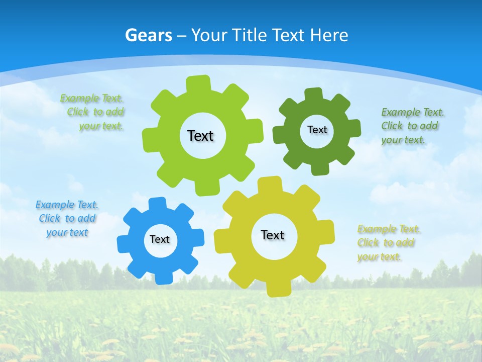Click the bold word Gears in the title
point(148,35)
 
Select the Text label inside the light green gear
point(200,136)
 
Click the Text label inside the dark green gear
point(317,130)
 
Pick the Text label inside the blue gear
point(160,239)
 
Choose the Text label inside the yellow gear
point(273,235)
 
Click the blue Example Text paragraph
point(67,218)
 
